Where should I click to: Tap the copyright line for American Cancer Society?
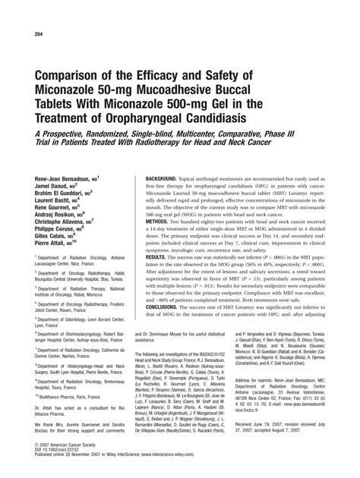pyautogui.click(x=69, y=447)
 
